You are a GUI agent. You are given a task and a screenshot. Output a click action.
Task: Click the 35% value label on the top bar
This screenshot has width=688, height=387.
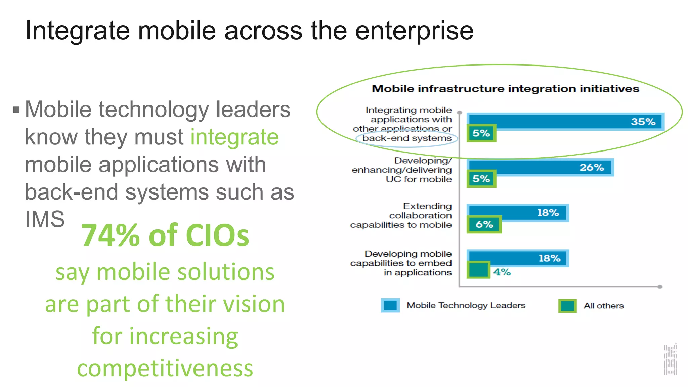point(643,122)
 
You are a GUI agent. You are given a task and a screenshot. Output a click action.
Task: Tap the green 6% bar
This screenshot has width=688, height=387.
point(484,224)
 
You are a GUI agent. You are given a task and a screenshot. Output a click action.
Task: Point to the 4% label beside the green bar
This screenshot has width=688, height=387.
point(502,272)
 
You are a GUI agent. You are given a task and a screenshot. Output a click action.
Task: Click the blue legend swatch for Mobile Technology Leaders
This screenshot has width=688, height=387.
point(390,305)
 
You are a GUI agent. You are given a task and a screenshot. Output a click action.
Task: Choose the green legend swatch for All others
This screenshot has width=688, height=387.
point(567,306)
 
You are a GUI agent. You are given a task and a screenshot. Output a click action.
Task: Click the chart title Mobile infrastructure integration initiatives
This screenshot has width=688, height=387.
point(505,89)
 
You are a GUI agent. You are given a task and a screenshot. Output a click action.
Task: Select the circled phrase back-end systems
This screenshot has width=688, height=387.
point(407,138)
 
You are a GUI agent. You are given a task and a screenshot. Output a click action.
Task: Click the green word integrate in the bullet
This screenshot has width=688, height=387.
point(234,137)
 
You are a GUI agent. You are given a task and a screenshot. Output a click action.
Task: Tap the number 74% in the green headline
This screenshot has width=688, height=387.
point(111,235)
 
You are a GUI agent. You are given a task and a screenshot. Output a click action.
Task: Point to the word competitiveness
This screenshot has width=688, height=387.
point(165,368)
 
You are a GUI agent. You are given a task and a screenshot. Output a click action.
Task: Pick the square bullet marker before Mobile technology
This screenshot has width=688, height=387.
point(16,110)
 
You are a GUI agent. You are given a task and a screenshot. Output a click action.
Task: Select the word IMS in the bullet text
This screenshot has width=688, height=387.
point(45,219)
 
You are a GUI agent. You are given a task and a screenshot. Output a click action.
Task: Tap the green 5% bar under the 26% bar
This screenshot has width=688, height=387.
point(481,179)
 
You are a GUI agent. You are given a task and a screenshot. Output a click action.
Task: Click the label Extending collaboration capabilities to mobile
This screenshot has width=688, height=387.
point(401,215)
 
